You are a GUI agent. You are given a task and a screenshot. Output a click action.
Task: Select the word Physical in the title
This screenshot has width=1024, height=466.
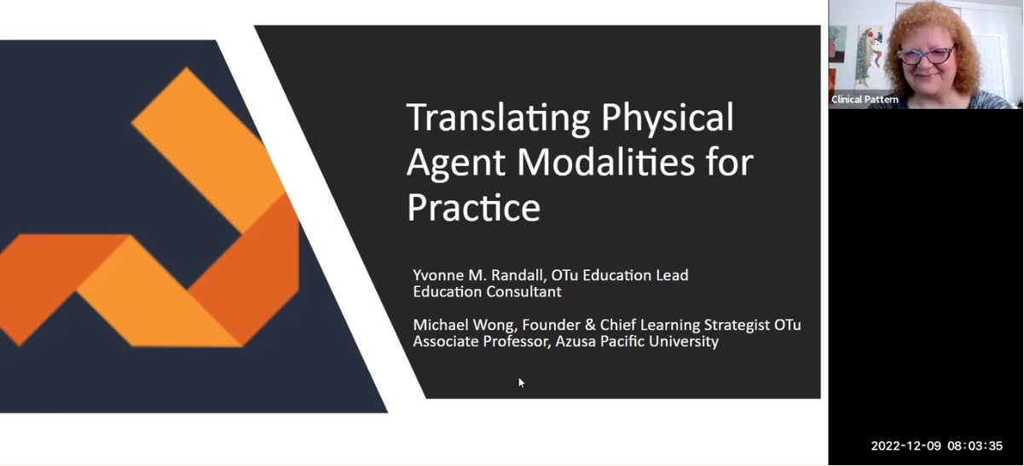[x=668, y=118]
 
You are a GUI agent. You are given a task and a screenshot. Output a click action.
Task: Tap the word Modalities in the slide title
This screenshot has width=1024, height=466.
[x=599, y=162]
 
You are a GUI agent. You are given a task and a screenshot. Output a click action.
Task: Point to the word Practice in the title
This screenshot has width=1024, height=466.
[x=473, y=207]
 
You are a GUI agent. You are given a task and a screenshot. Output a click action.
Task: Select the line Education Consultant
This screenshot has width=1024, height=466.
[x=487, y=291]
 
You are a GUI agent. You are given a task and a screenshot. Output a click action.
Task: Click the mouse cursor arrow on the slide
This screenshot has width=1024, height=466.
[x=521, y=383]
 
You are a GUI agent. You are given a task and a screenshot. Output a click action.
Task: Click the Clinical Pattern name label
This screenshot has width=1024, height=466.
[x=865, y=100]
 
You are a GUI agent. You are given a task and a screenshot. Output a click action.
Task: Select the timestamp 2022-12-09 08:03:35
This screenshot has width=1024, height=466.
[x=936, y=446]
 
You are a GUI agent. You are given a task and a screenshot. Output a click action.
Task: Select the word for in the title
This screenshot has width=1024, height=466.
[x=728, y=162]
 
